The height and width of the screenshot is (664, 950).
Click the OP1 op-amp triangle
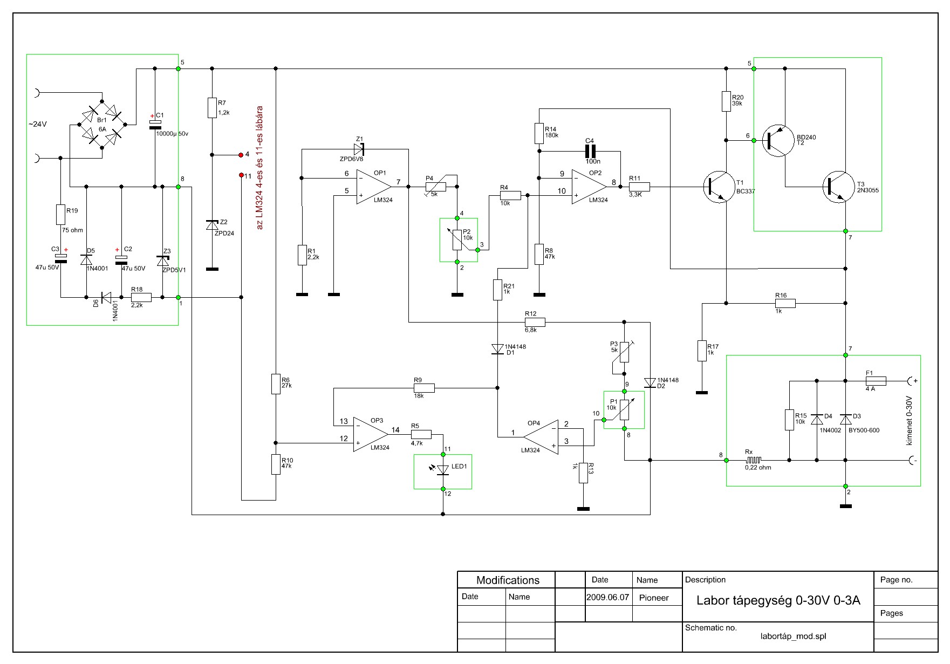[x=373, y=187]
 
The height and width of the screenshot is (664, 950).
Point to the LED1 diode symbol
[x=443, y=470]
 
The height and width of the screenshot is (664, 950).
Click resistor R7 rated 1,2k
[x=212, y=107]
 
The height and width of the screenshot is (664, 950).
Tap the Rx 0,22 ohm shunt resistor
[x=754, y=460]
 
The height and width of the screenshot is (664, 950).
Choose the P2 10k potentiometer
[x=457, y=240]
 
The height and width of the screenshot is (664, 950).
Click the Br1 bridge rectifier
[x=102, y=124]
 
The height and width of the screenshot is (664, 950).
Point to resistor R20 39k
[x=727, y=101]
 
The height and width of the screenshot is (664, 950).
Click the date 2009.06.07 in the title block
[x=608, y=598]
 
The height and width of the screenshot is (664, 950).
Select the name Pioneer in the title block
[x=654, y=598]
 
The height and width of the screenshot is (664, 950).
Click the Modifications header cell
[x=507, y=580]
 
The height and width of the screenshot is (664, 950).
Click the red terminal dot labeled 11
[x=241, y=175]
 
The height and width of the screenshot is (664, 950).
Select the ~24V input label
[x=38, y=124]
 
